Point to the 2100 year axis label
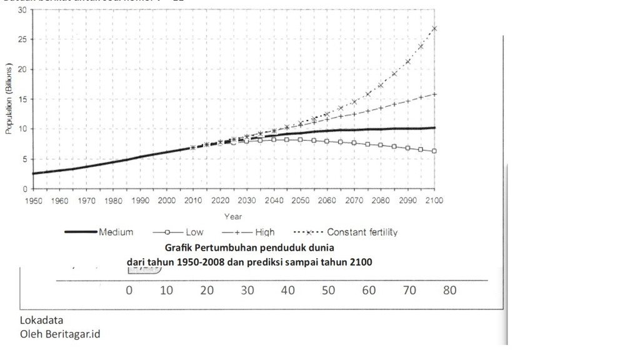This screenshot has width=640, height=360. click(x=434, y=201)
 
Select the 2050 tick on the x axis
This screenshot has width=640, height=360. click(x=300, y=201)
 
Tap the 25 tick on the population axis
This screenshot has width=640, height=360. click(x=22, y=39)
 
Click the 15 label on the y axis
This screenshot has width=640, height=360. click(x=22, y=99)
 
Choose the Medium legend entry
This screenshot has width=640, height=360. click(x=116, y=232)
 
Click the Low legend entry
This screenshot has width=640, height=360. click(x=190, y=232)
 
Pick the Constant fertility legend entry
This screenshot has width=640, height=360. click(x=362, y=232)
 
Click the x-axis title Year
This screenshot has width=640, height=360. click(x=233, y=216)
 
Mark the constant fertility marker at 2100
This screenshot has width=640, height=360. click(x=434, y=29)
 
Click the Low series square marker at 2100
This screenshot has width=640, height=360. click(x=434, y=151)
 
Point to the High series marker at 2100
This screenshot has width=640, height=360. click(x=434, y=94)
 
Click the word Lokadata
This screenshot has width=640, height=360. click(x=42, y=320)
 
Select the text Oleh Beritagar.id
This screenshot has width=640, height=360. click(x=60, y=334)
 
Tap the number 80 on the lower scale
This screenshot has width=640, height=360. click(x=449, y=291)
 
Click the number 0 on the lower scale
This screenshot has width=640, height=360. click(x=129, y=291)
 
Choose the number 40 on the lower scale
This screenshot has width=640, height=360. click(x=287, y=291)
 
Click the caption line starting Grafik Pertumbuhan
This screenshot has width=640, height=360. click(x=249, y=247)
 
